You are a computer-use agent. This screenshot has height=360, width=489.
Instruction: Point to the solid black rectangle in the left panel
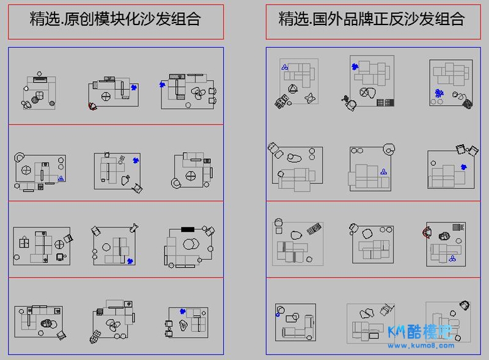[188, 229]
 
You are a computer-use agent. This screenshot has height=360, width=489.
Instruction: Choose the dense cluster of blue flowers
[439, 93]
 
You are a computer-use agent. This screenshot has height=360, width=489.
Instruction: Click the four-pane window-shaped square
[24, 242]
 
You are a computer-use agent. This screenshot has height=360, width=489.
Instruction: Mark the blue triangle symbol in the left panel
[61, 178]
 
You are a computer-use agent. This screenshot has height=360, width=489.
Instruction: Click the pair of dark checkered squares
[281, 102]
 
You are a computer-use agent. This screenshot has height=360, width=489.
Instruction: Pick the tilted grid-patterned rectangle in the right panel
[314, 229]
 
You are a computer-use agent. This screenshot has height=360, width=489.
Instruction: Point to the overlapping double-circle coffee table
[190, 244]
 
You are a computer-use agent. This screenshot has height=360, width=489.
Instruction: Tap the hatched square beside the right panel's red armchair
[458, 227]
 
